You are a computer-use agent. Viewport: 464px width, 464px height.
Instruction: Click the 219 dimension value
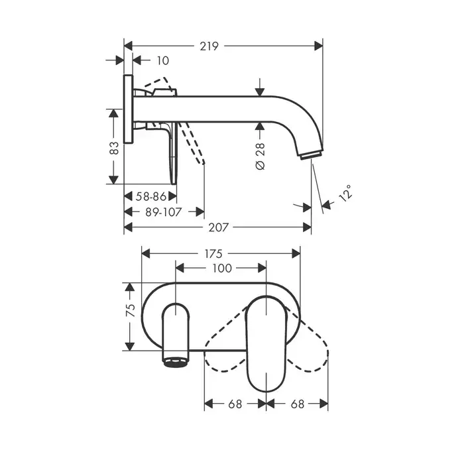(x=209, y=46)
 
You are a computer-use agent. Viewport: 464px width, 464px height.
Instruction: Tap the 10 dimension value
(x=162, y=61)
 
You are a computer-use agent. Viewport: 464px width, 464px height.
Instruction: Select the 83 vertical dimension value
(x=114, y=148)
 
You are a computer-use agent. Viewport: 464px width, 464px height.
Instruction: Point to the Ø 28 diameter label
(x=260, y=156)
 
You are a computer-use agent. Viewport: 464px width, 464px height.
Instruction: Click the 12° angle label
(x=345, y=193)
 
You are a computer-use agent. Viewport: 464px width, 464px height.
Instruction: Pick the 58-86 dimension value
(x=150, y=196)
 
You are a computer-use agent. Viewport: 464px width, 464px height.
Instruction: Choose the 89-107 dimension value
(x=163, y=212)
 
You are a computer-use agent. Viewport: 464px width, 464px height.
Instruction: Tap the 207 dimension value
(x=219, y=227)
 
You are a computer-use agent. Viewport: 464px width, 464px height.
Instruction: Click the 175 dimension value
(x=213, y=254)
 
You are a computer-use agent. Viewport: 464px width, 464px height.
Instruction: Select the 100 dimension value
(x=222, y=268)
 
